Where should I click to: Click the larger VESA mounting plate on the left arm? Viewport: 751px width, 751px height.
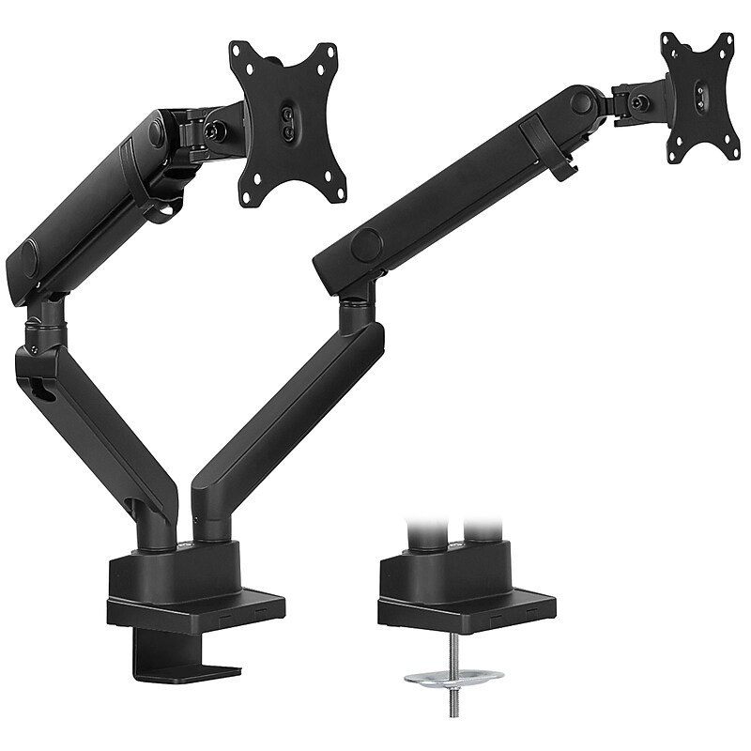click(x=286, y=123)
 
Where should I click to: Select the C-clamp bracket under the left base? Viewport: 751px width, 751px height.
click(x=188, y=657)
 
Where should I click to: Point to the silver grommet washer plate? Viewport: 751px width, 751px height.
click(x=453, y=676)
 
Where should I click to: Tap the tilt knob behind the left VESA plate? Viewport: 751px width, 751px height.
click(x=218, y=132)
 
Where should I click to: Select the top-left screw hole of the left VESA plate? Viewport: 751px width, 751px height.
click(x=242, y=54)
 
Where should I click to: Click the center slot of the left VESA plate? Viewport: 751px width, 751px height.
click(x=287, y=123)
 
